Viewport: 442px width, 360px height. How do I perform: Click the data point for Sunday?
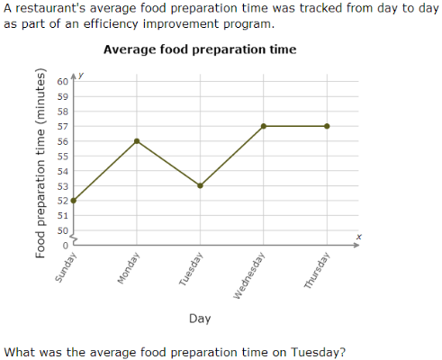click(74, 201)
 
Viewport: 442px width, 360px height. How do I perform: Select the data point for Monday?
click(137, 141)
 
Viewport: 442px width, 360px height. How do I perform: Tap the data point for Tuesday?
click(200, 185)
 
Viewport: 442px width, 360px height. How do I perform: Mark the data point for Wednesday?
click(263, 126)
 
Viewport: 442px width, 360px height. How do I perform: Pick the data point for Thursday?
click(326, 126)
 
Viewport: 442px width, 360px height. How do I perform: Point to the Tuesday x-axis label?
click(191, 269)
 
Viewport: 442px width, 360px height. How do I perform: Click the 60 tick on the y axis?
click(62, 82)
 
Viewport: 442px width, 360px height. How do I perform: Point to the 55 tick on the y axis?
click(62, 156)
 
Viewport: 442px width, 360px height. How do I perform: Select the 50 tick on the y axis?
click(62, 230)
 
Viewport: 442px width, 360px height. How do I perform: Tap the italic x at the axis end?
click(357, 237)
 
